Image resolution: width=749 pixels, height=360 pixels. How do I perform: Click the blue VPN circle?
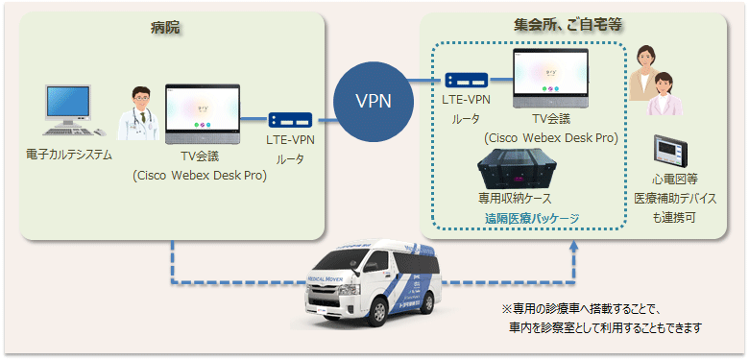tap(373, 100)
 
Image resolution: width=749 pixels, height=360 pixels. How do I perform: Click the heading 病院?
tap(164, 28)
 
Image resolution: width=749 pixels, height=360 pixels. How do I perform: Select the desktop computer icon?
tap(68, 112)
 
